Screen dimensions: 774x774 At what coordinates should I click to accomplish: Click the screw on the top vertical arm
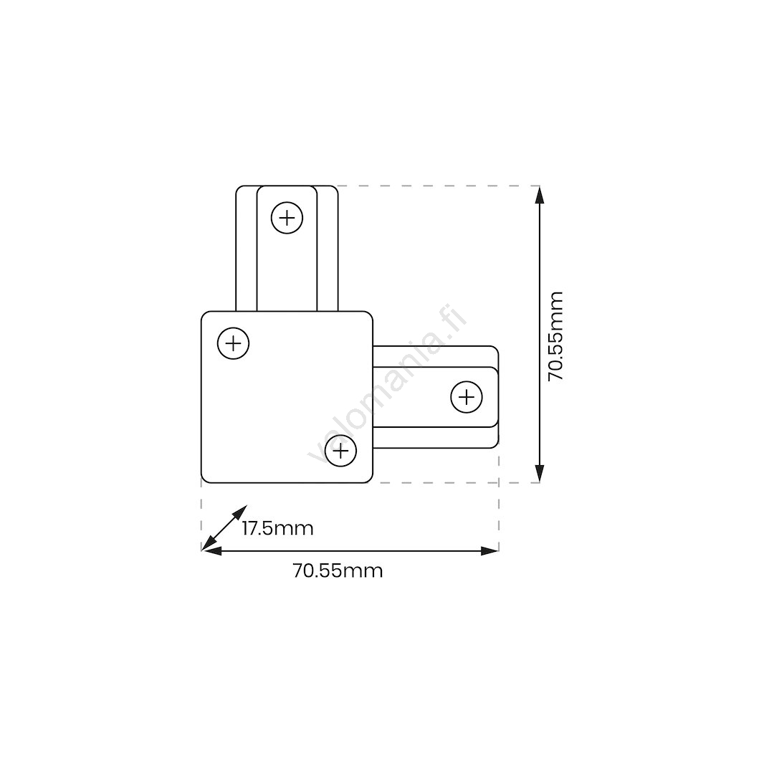(x=287, y=218)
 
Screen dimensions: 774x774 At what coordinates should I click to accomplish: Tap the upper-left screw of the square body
(x=233, y=343)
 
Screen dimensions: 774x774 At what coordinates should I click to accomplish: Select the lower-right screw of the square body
(x=340, y=451)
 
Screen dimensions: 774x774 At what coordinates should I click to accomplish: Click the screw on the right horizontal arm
(x=467, y=397)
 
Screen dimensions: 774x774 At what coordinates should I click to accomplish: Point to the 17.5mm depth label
(x=278, y=528)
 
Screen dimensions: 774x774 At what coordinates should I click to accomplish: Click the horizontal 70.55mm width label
(x=338, y=570)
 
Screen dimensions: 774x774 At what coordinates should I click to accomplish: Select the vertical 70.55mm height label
(x=556, y=336)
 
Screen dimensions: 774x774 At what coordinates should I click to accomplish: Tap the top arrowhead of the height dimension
(x=540, y=194)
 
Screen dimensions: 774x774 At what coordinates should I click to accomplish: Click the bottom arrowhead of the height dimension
(x=540, y=474)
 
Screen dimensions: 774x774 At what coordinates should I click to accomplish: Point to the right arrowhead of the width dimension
(x=489, y=551)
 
